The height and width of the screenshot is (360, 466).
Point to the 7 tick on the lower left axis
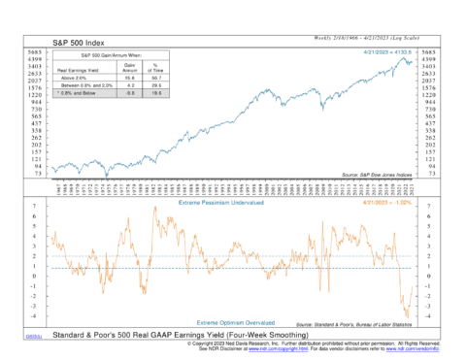coord(36,207)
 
